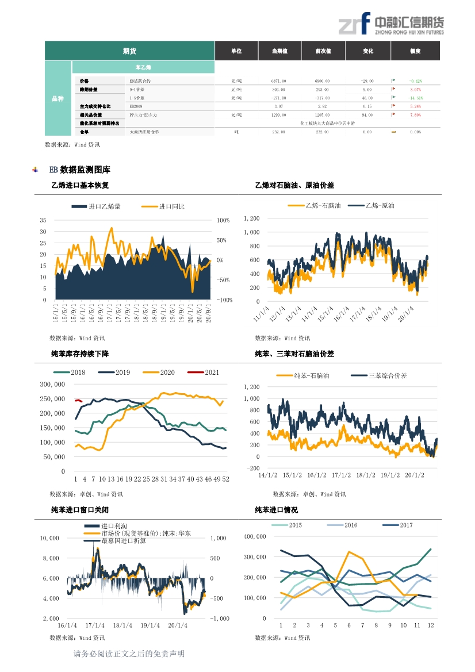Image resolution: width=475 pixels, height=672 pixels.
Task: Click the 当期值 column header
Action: (280, 51)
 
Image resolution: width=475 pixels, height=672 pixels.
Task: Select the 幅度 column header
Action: (415, 51)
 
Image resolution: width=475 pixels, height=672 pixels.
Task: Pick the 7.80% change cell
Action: (415, 115)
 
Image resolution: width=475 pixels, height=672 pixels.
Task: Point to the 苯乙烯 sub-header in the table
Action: (143, 68)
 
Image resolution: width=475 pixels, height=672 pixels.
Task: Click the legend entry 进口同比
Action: (171, 206)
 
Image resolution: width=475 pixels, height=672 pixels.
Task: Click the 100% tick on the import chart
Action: (223, 221)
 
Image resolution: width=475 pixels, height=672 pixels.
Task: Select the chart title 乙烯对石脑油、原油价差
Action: (294, 186)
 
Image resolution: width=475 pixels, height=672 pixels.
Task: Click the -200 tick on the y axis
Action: (252, 469)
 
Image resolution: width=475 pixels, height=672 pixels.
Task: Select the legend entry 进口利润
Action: (114, 526)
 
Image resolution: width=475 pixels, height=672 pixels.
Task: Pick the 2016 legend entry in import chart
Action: (350, 525)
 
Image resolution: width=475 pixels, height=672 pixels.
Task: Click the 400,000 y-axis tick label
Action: (255, 536)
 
